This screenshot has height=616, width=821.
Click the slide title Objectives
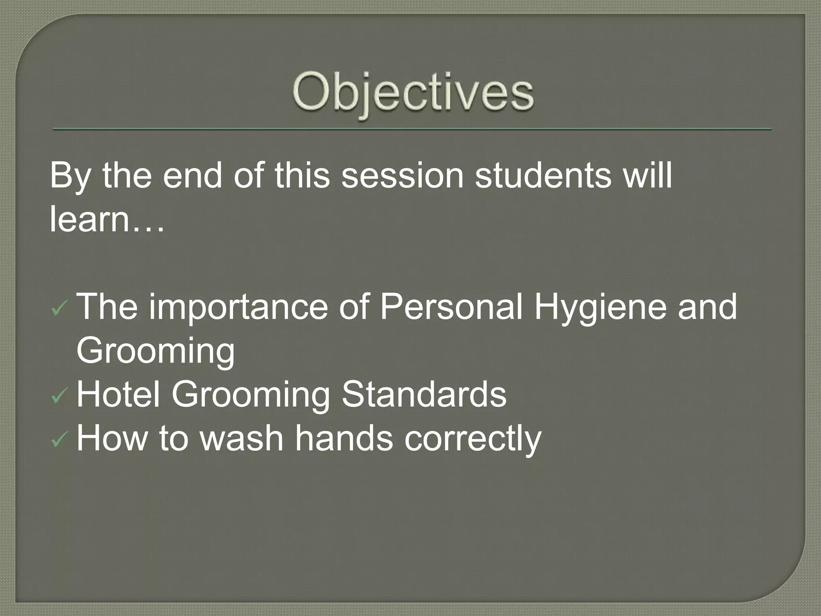point(413,94)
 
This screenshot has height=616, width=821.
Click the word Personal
point(451,307)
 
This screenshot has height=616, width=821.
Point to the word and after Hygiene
point(707,307)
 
